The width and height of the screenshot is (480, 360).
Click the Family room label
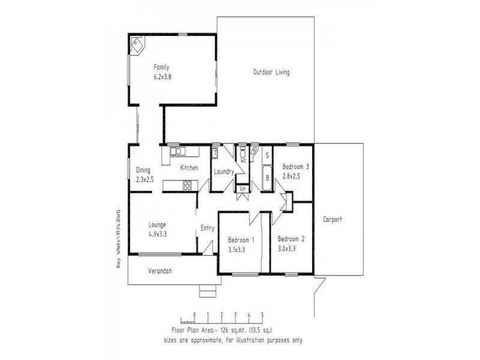pyautogui.click(x=161, y=67)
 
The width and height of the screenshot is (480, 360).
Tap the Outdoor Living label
pyautogui.click(x=271, y=73)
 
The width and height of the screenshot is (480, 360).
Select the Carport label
pyautogui.click(x=332, y=219)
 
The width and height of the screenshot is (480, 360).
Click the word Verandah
pyautogui.click(x=160, y=271)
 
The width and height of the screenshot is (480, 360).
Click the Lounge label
pyautogui.click(x=157, y=226)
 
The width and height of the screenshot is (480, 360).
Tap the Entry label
pyautogui.click(x=207, y=227)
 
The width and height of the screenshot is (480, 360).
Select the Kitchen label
pyautogui.click(x=189, y=168)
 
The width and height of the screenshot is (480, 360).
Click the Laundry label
pyautogui.click(x=223, y=172)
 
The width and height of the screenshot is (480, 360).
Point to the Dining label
pyautogui.click(x=143, y=170)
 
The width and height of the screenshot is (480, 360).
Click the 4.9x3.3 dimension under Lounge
pyautogui.click(x=157, y=235)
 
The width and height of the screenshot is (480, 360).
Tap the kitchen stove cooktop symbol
pyautogui.click(x=187, y=185)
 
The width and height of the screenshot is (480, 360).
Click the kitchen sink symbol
pyautogui.click(x=176, y=151)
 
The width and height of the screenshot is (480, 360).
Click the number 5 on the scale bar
pyautogui.click(x=262, y=314)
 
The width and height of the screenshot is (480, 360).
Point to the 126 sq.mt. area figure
pyautogui.click(x=227, y=330)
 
